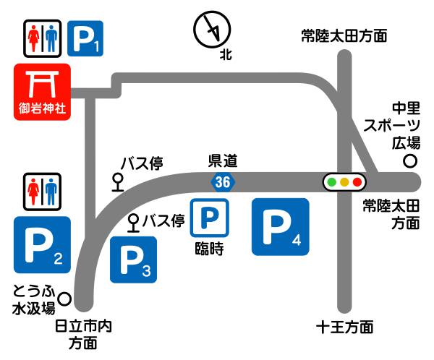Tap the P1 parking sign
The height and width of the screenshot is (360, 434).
tap(85, 38)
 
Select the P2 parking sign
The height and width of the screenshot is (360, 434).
tap(42, 245)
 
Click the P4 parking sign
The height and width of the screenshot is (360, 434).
tap(281, 226)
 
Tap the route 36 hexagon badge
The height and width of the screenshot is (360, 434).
tap(223, 182)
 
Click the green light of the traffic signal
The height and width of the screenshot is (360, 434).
tap(332, 181)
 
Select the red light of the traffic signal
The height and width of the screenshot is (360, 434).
tap(357, 181)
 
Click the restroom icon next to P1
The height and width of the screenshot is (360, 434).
tap(41, 38)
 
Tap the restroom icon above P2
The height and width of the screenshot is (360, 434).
tap(41, 192)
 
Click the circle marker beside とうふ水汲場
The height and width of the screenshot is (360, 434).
tap(64, 297)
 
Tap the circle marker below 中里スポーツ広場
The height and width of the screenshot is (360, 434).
tap(410, 160)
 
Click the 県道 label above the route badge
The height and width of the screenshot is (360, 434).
tap(223, 160)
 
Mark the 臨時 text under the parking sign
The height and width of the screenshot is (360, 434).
tap(209, 250)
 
